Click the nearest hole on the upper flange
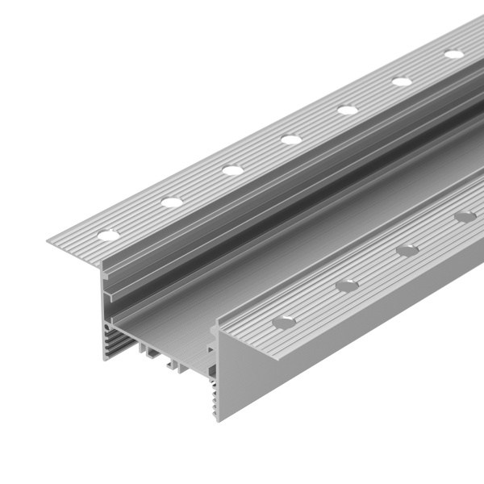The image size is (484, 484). point(108,235)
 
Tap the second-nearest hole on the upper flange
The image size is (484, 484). point(171,202)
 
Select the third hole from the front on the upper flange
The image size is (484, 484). point(232,170)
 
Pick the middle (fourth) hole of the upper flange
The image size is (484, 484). point(291,140)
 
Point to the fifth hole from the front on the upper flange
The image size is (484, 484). point(348,110)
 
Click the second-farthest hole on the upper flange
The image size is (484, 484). point(402,81)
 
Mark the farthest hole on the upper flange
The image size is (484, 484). point(454,55)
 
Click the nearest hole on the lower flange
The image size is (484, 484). point(284,322)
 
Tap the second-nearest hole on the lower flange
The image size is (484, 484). point(347,286)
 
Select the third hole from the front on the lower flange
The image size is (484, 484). point(407,251)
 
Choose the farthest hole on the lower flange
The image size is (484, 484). point(465,216)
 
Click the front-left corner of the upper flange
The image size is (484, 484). point(50,241)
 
